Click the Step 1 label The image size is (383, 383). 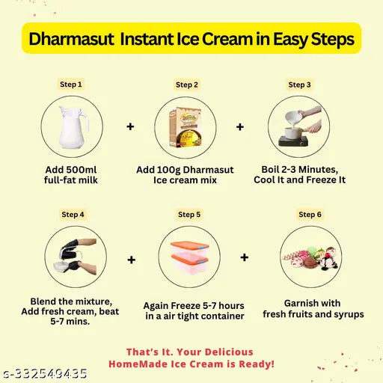[x=71, y=85]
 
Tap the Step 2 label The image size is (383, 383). [x=187, y=85]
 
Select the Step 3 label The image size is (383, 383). [x=299, y=85]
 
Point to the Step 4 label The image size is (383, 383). [x=73, y=214]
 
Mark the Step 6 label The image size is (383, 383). [x=310, y=214]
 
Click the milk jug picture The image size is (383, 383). [x=71, y=126]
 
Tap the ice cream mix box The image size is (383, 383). [x=186, y=127]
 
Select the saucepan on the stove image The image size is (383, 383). [x=299, y=126]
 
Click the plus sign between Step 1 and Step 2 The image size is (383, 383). [x=130, y=127]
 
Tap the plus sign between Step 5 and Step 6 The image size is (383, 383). [x=244, y=258]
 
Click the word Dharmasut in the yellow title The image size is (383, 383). [x=70, y=39]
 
